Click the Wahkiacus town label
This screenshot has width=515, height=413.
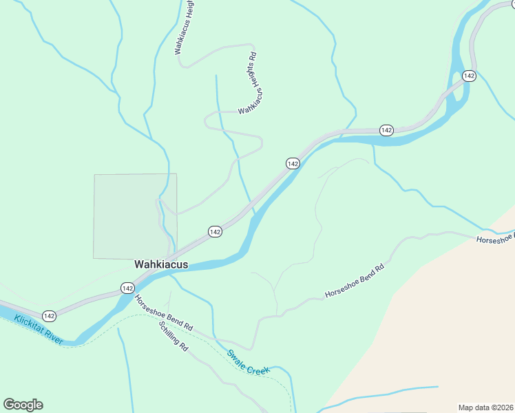pyautogui.click(x=160, y=264)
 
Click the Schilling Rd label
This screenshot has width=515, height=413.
pyautogui.click(x=173, y=337)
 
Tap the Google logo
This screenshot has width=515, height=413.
pyautogui.click(x=23, y=404)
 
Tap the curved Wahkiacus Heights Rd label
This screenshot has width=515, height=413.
pyautogui.click(x=251, y=84)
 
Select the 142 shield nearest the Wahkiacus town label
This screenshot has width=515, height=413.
pyautogui.click(x=127, y=288)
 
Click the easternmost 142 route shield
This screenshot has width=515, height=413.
pyautogui.click(x=469, y=76)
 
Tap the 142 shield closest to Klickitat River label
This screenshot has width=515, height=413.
pyautogui.click(x=49, y=315)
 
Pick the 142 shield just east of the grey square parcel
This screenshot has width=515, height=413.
pyautogui.click(x=215, y=232)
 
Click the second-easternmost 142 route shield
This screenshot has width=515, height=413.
pyautogui.click(x=386, y=130)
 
